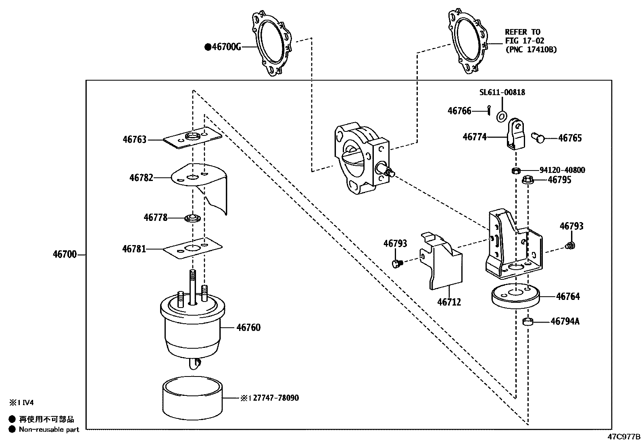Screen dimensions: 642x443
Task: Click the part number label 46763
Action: click(x=134, y=139)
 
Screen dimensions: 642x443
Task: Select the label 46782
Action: click(x=141, y=178)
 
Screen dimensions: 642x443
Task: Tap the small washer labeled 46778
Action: click(x=192, y=218)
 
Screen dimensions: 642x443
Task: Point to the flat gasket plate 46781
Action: click(x=193, y=248)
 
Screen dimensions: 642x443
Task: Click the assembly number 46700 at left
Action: click(x=65, y=254)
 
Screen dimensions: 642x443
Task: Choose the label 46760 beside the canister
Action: click(x=248, y=328)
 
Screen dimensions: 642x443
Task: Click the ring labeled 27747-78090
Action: click(x=192, y=398)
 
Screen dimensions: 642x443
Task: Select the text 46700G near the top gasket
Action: click(x=226, y=47)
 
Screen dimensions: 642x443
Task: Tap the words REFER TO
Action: click(x=523, y=32)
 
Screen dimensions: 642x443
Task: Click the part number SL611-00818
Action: click(x=502, y=92)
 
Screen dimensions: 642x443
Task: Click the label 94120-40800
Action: click(x=562, y=170)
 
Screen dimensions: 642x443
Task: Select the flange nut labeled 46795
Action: click(x=528, y=180)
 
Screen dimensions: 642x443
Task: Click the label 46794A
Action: click(x=565, y=322)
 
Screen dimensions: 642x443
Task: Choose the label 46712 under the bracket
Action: click(x=449, y=302)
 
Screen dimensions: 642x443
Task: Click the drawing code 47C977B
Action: click(x=624, y=437)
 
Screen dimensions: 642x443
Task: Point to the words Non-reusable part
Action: click(x=49, y=430)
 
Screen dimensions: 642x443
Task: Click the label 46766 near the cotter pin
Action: click(x=459, y=111)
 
